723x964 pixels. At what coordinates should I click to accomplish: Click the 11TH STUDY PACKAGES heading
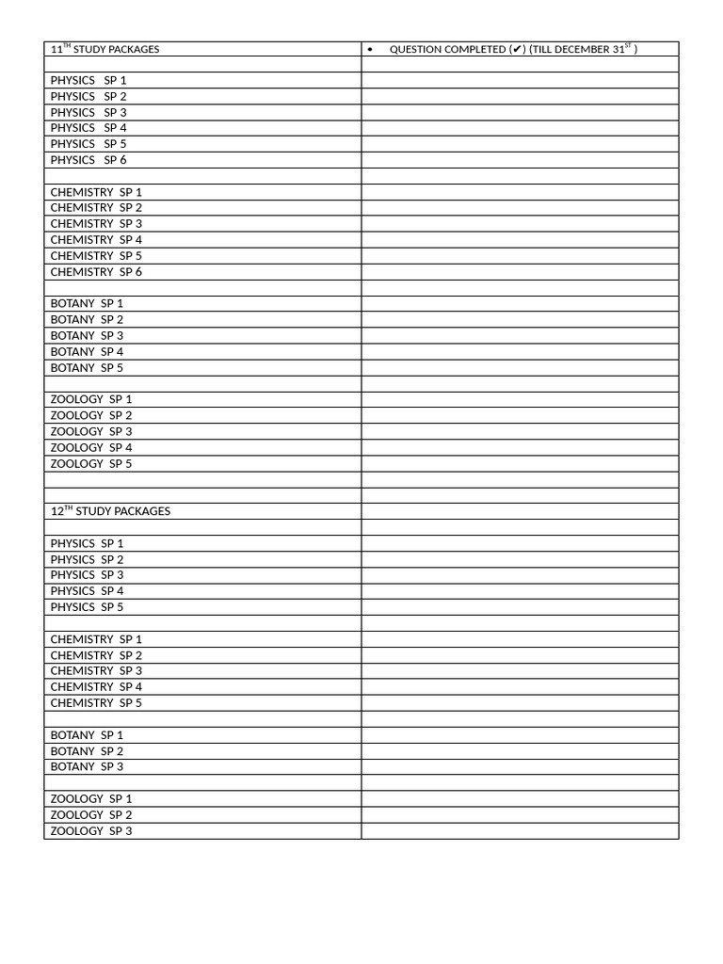104,49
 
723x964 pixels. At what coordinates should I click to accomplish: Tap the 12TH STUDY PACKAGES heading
110,511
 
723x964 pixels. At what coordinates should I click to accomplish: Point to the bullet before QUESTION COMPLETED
371,49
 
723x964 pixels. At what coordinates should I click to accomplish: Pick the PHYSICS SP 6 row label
88,160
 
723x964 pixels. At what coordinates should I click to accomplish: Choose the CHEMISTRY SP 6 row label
96,272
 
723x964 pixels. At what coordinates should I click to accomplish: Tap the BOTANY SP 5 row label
87,368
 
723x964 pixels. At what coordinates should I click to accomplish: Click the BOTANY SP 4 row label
87,352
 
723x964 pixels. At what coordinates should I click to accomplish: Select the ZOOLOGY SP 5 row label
91,464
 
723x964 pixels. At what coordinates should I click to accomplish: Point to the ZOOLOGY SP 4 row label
91,448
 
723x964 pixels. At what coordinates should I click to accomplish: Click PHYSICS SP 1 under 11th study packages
88,81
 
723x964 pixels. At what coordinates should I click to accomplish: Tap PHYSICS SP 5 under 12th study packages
87,607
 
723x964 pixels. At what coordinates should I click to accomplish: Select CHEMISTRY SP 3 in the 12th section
96,671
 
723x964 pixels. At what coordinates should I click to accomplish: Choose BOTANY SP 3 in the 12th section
87,767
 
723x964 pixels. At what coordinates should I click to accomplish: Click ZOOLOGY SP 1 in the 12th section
91,799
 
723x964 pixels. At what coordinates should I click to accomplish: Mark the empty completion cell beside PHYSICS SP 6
520,160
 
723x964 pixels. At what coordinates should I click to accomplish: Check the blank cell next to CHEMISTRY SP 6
520,272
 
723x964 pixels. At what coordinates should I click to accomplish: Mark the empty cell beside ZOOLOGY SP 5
520,464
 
